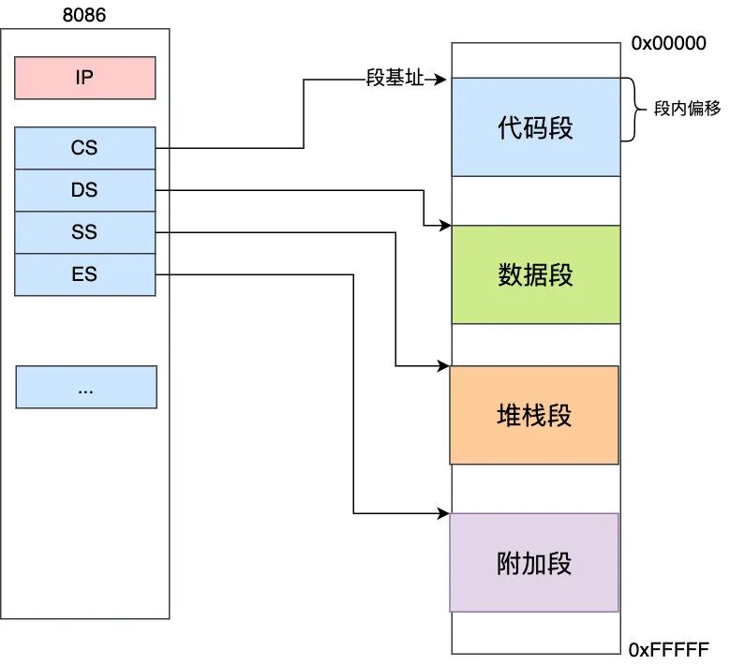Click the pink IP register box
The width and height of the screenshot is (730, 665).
84,78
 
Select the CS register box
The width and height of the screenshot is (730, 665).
84,148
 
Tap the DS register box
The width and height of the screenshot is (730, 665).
84,190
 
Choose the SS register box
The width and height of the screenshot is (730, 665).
84,232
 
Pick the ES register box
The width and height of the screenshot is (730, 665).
84,274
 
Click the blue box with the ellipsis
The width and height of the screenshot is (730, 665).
85,387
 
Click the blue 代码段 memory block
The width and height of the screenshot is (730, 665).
535,127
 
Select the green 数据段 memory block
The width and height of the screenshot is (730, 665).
535,274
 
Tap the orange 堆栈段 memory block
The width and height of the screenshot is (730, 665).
534,415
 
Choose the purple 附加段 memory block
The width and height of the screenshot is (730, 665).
534,562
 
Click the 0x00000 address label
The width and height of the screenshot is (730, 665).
668,44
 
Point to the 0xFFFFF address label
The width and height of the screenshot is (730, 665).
669,649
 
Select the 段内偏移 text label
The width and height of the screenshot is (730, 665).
687,109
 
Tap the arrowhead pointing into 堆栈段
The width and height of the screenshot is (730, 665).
445,366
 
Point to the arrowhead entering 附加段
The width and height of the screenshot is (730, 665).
445,513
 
